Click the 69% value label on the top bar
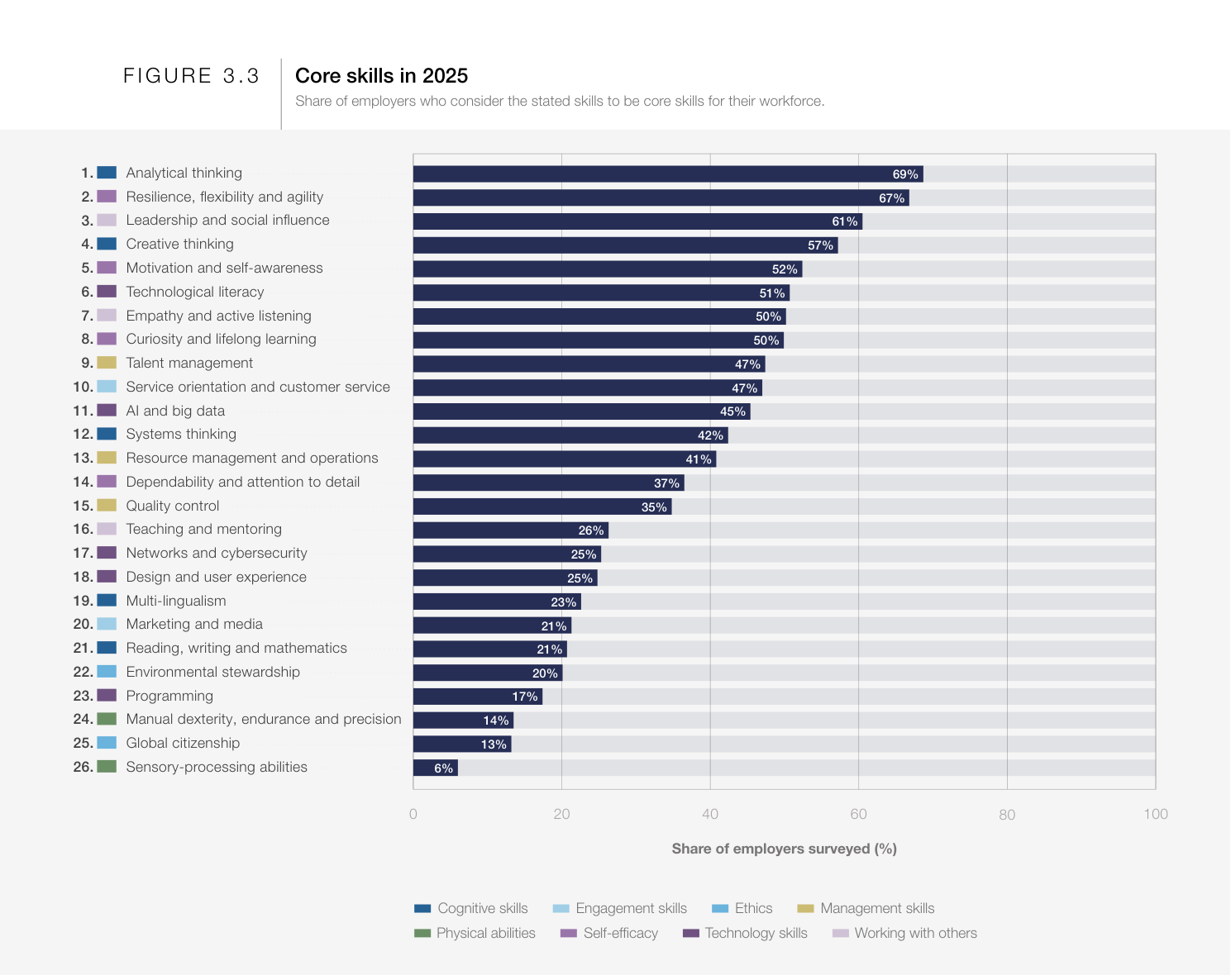[905, 174]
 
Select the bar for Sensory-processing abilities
[436, 768]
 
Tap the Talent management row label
[189, 364]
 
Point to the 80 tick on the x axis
[1006, 815]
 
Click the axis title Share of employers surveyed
[784, 849]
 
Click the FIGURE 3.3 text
[191, 76]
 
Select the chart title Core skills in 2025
[381, 76]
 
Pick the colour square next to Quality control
[107, 506]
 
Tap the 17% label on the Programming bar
[525, 697]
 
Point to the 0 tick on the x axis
[413, 815]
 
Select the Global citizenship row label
[183, 744]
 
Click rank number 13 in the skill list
[83, 459]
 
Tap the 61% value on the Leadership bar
[844, 221]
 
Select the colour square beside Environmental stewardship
[107, 672]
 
